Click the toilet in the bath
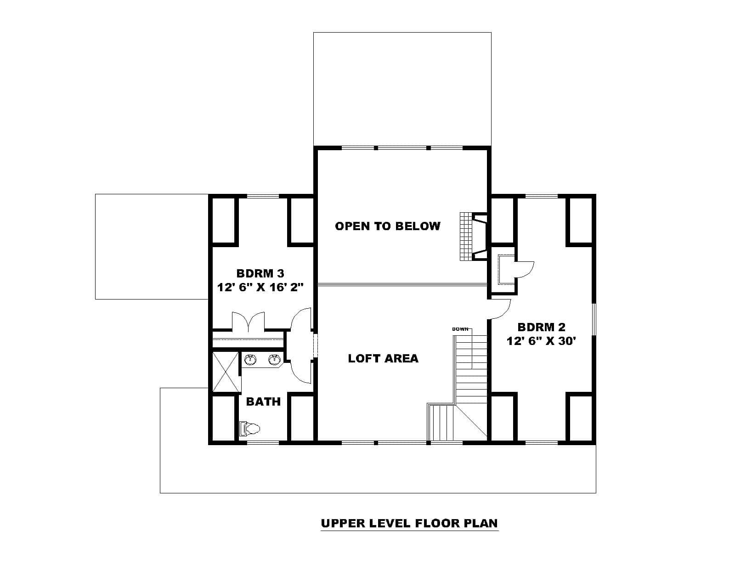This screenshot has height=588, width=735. [x=250, y=429]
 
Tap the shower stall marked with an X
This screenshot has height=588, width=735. [x=226, y=372]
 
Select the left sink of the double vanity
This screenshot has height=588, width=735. [x=250, y=360]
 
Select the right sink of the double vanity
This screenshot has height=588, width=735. [x=274, y=360]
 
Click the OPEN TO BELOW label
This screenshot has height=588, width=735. [x=387, y=226]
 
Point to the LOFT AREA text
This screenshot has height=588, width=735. [x=383, y=358]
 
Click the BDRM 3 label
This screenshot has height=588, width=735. [x=260, y=274]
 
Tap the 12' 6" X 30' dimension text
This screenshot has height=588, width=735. [x=541, y=341]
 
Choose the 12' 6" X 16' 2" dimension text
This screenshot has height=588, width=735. [x=260, y=287]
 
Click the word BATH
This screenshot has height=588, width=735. [x=263, y=402]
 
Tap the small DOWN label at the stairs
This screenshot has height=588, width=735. [x=460, y=329]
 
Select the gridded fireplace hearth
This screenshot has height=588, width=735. [x=466, y=237]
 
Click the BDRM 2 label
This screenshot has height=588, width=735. [x=541, y=328]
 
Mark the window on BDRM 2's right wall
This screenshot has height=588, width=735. [x=594, y=319]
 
